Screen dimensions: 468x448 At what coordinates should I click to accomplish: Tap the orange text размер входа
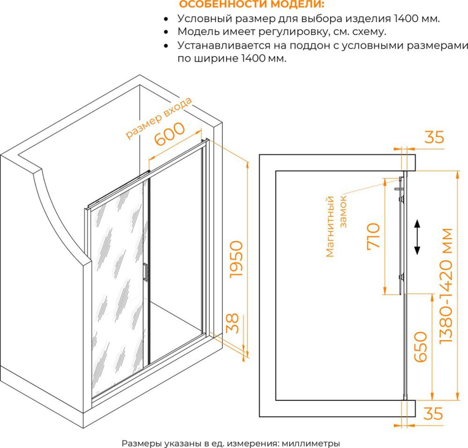159,118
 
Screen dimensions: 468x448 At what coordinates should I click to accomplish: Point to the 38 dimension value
233,323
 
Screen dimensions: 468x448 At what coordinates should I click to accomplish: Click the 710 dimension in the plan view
373,235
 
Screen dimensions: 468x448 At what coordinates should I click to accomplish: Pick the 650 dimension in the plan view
420,347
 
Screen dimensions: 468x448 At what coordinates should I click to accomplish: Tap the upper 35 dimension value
434,137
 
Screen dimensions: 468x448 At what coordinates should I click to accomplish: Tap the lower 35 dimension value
433,413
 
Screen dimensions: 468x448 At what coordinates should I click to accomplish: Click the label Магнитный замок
336,226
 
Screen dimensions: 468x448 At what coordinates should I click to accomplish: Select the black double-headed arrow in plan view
417,237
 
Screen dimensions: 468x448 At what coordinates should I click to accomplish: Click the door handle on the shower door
146,272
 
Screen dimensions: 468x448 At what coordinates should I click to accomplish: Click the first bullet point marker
166,19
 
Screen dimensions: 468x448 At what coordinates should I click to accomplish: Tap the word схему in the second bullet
368,32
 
